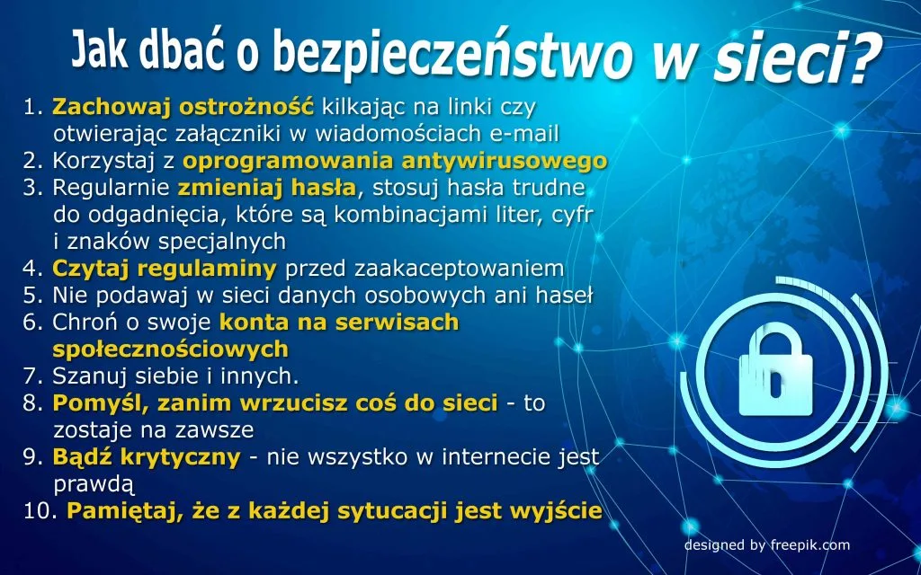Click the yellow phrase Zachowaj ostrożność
point(183,108)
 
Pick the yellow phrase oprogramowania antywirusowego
point(395,162)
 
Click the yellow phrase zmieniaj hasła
point(266,188)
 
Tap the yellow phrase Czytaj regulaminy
point(165,269)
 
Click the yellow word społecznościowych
point(170,349)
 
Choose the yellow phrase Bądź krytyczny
point(147,457)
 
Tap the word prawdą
point(94,484)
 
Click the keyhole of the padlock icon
point(776,384)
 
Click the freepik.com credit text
point(809,545)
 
